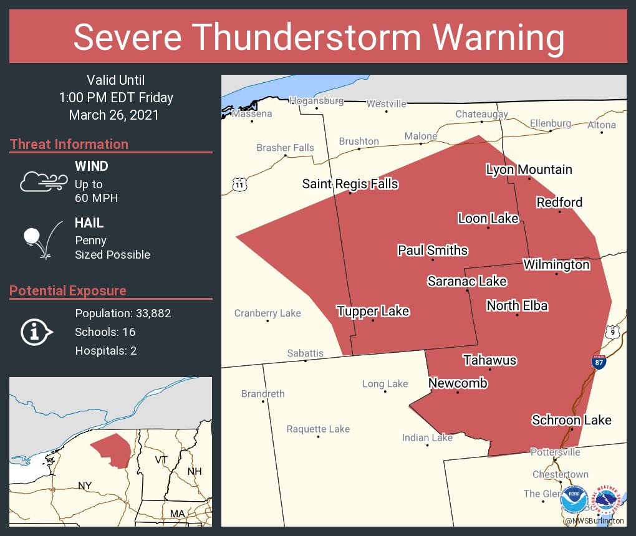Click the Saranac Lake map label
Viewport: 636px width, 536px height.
pyautogui.click(x=466, y=282)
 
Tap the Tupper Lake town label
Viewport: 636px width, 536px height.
pyautogui.click(x=373, y=311)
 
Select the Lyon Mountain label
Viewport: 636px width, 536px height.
pyautogui.click(x=529, y=170)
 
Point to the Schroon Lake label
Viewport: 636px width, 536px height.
pyautogui.click(x=571, y=420)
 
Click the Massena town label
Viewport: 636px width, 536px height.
pyautogui.click(x=252, y=114)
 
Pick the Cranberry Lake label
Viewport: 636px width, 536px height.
pyautogui.click(x=267, y=313)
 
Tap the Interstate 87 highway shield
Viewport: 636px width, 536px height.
pyautogui.click(x=599, y=363)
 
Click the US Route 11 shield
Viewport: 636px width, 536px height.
pyautogui.click(x=239, y=184)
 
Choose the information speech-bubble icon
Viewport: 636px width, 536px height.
pyautogui.click(x=36, y=332)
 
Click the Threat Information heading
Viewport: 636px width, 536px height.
pyautogui.click(x=69, y=145)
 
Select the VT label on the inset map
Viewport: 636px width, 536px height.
pyautogui.click(x=161, y=460)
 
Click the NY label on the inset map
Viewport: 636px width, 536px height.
pyautogui.click(x=85, y=486)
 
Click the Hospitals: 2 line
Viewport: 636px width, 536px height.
pyautogui.click(x=106, y=351)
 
